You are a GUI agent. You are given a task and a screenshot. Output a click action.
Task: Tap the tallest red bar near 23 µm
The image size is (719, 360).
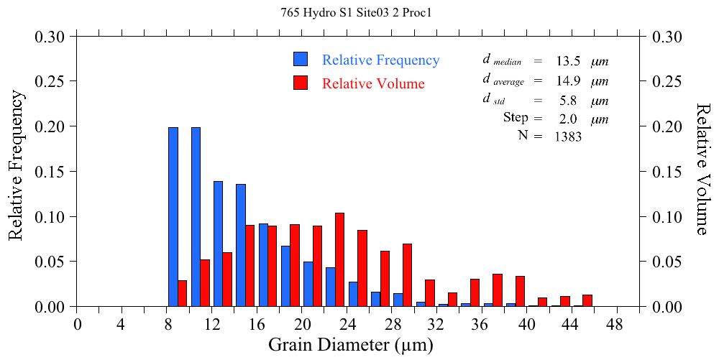[x=340, y=259]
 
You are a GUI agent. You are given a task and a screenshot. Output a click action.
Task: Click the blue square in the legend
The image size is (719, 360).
[x=301, y=60]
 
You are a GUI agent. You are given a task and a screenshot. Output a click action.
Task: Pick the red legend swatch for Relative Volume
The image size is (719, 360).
[x=301, y=83]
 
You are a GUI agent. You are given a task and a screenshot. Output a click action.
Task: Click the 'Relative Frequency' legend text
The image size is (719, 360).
[x=380, y=60]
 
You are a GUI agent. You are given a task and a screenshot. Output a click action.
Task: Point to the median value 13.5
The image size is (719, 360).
[x=567, y=61]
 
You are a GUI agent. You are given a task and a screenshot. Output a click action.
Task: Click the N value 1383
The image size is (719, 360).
[x=567, y=137]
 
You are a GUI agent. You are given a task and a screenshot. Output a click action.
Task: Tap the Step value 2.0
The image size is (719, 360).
[x=567, y=118]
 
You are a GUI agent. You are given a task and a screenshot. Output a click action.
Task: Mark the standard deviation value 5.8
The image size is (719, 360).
[x=567, y=100]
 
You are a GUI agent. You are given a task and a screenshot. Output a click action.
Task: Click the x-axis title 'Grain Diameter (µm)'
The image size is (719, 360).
[x=351, y=345]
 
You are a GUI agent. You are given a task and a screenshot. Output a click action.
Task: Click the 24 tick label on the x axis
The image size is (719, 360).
[x=347, y=324]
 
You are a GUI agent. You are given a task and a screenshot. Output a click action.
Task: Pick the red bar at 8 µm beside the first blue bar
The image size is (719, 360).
[x=182, y=293]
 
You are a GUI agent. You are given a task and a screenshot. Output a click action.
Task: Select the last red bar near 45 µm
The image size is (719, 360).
[x=587, y=300]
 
